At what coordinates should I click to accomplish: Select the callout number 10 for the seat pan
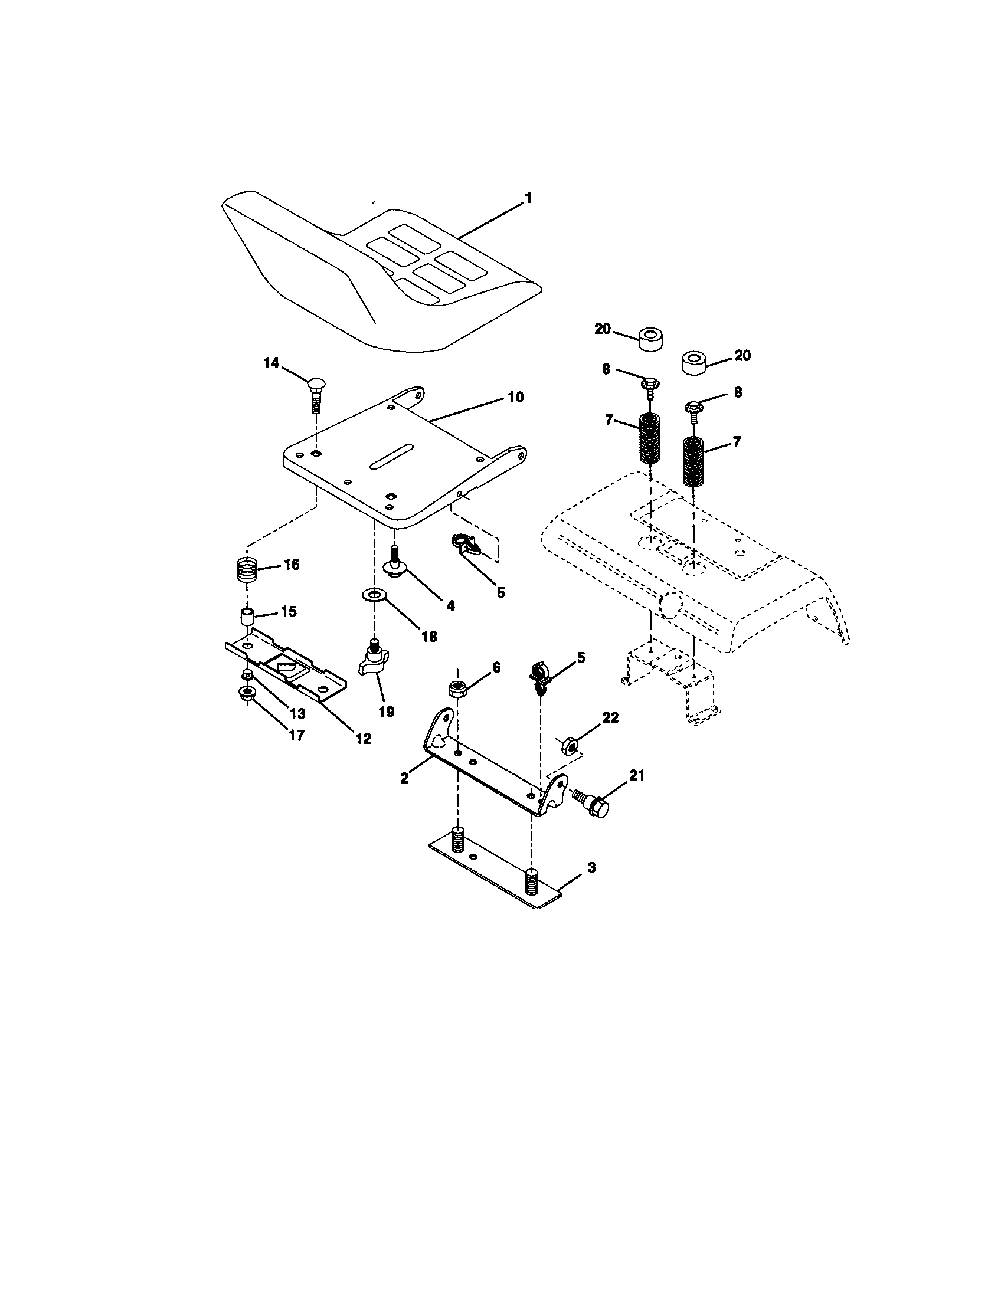click(515, 396)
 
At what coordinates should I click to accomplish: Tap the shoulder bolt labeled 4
click(393, 562)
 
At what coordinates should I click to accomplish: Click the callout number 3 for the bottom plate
click(591, 868)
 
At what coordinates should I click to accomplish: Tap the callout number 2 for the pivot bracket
click(404, 778)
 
